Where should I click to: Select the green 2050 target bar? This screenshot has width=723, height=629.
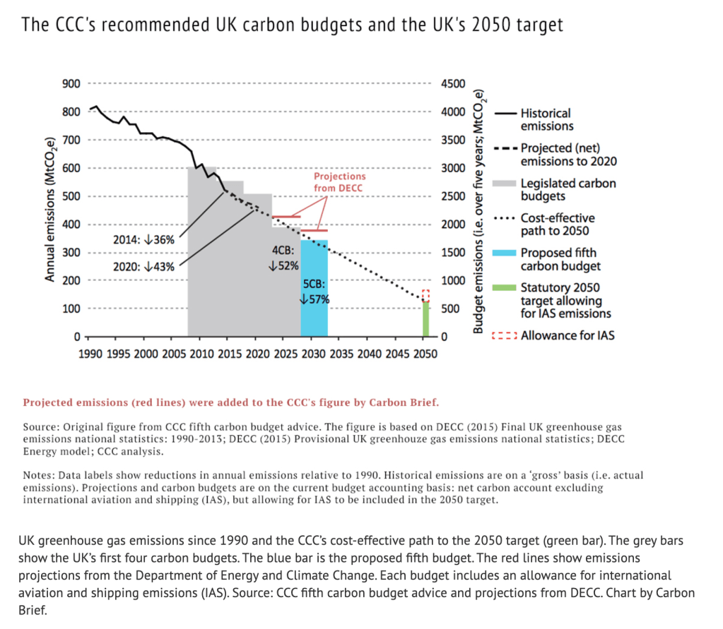click(x=426, y=319)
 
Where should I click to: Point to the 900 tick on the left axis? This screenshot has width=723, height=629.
click(x=71, y=84)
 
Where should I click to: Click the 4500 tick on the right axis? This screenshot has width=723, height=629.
click(x=453, y=84)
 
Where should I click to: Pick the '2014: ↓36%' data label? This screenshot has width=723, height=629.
click(x=143, y=239)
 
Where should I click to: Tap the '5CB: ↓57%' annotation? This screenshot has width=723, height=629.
click(x=315, y=291)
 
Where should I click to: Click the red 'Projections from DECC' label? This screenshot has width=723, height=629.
click(x=339, y=181)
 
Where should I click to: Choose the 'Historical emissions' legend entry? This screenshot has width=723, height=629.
click(x=546, y=119)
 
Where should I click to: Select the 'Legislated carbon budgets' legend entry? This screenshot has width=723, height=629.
click(x=568, y=189)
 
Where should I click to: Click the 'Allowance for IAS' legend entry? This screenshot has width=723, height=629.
click(x=567, y=335)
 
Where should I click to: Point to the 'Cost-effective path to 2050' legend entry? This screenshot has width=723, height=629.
click(x=558, y=224)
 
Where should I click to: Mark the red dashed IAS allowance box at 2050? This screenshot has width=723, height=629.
click(x=425, y=295)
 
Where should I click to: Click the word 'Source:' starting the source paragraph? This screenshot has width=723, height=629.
click(x=42, y=427)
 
